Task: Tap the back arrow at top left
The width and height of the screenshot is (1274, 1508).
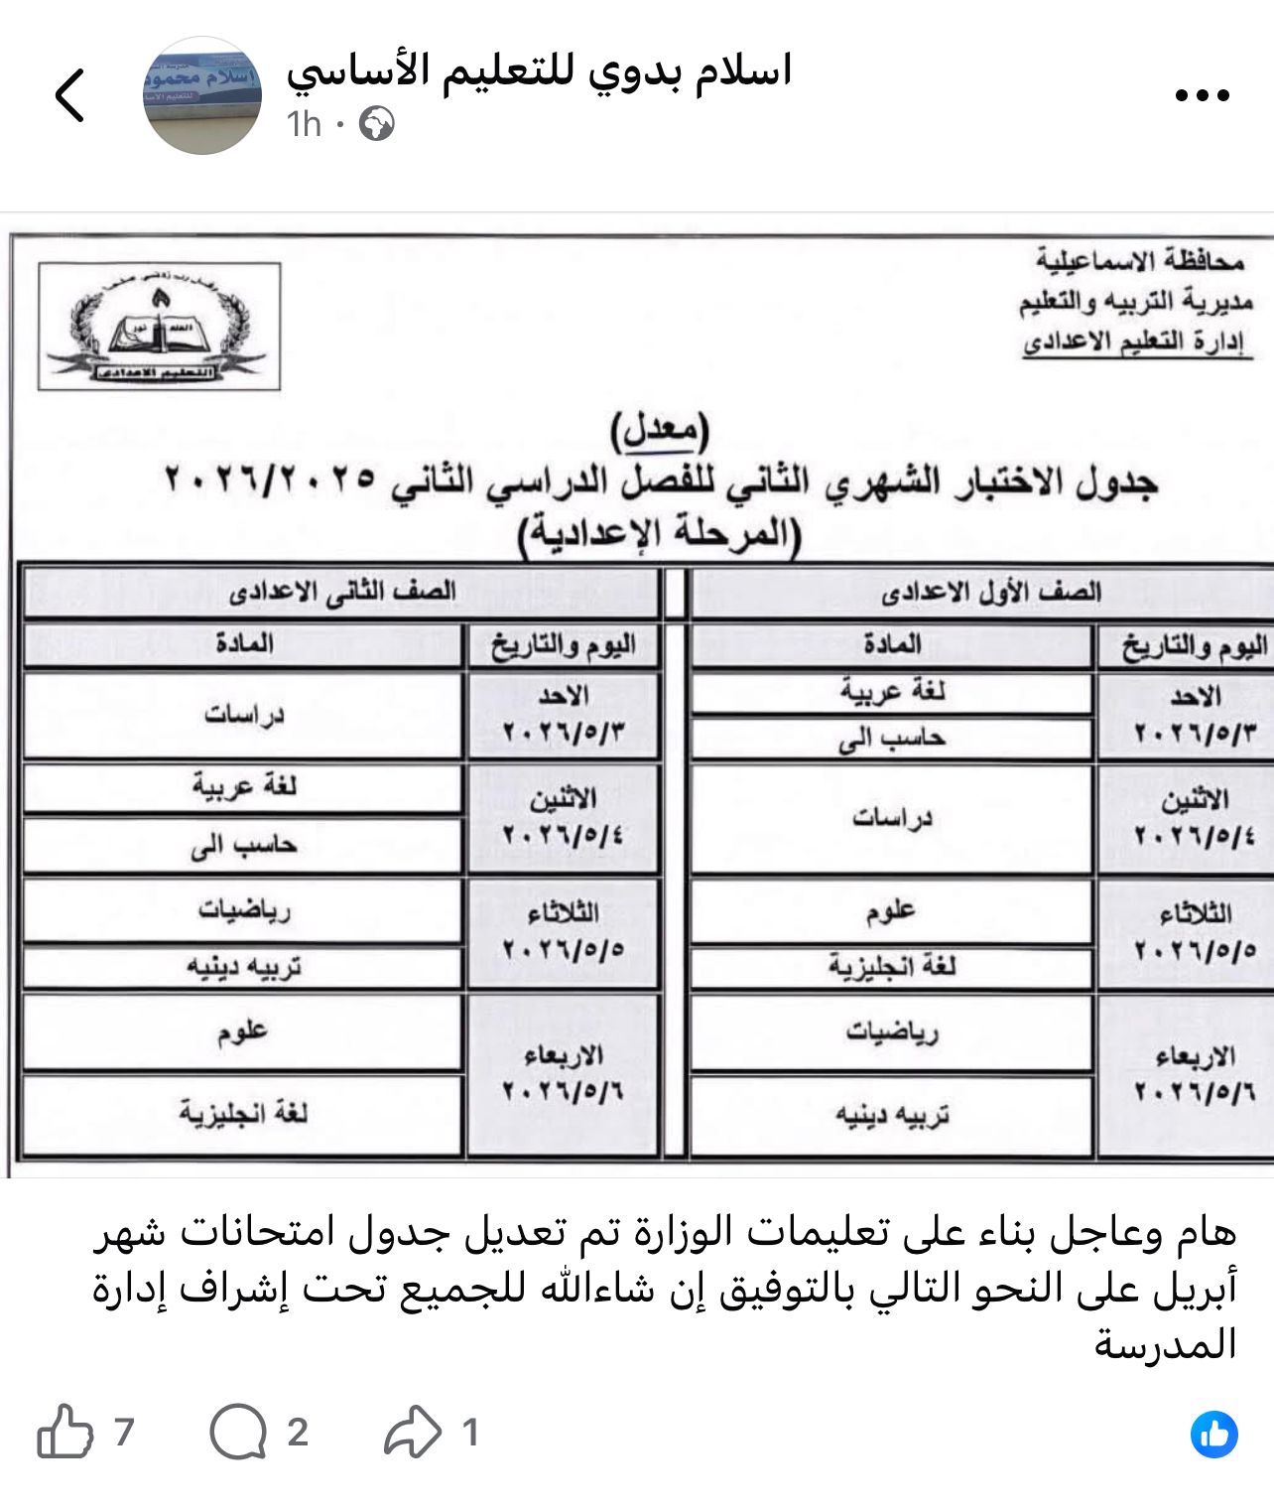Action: (x=69, y=95)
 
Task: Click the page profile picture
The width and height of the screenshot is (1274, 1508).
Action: (x=202, y=96)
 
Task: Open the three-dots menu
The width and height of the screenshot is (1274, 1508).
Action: (x=1202, y=95)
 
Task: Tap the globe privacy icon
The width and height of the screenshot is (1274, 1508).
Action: (x=376, y=124)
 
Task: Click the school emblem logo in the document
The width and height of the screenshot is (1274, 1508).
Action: (x=160, y=326)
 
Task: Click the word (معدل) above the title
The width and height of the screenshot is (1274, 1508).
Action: (x=660, y=429)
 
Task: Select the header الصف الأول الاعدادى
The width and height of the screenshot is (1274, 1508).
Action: (x=990, y=593)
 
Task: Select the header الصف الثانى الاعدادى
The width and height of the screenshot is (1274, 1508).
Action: (x=341, y=593)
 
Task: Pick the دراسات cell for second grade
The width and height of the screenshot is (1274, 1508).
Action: (x=243, y=715)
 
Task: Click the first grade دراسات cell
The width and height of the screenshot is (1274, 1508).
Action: (x=891, y=818)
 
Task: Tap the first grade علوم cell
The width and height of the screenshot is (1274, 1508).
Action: (x=891, y=910)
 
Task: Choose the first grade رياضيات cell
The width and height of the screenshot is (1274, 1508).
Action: (x=891, y=1033)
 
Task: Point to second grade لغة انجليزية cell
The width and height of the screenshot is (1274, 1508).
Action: (x=243, y=1114)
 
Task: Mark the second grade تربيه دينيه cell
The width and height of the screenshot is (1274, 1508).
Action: (x=243, y=967)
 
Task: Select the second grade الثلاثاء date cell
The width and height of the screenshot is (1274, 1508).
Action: (x=563, y=931)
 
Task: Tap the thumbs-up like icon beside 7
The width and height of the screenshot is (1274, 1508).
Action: (x=64, y=1432)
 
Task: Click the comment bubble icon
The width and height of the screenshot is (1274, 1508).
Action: (x=238, y=1432)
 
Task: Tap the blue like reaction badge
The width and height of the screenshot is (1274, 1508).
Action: (x=1213, y=1434)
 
